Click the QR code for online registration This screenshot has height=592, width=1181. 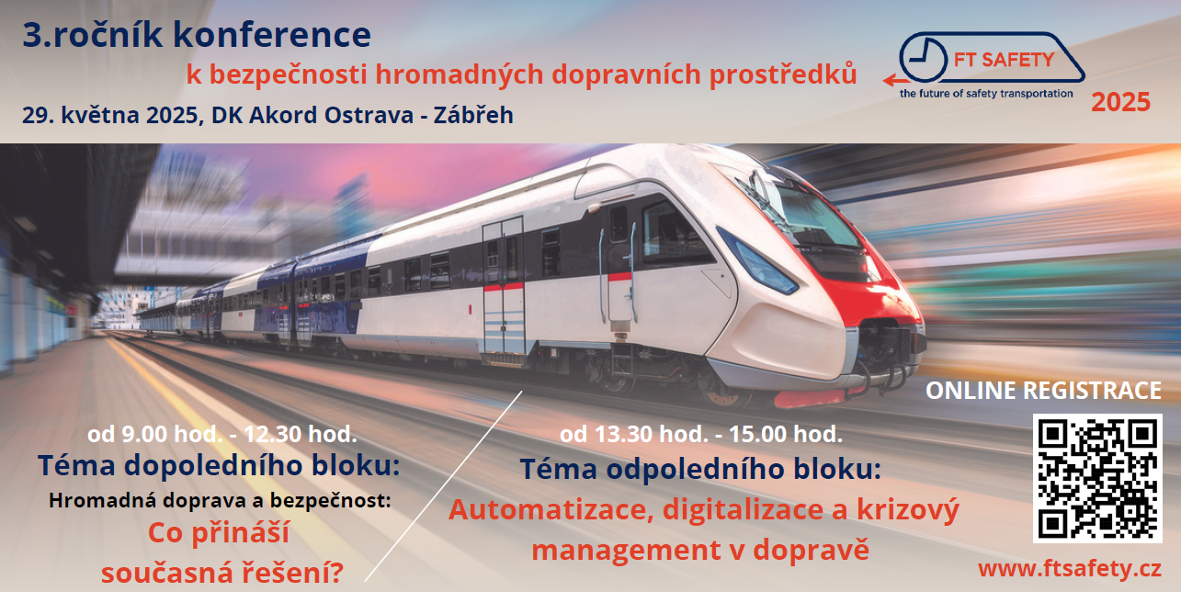[1097, 478]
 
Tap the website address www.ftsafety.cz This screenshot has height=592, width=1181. [1069, 569]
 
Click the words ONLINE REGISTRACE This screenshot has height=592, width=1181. [1043, 391]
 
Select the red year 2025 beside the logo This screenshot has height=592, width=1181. [1120, 102]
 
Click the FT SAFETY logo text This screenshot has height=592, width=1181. [1004, 60]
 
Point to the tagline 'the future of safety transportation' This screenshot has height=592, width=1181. [986, 94]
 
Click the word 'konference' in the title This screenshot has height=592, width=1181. [272, 35]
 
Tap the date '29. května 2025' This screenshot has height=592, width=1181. [109, 115]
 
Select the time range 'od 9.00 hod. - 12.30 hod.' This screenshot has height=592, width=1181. [222, 435]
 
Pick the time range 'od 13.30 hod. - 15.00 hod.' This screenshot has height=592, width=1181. [700, 435]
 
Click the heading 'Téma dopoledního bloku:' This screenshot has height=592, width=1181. [219, 465]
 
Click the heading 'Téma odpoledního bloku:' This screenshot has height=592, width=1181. [700, 469]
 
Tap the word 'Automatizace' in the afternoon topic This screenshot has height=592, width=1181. [551, 510]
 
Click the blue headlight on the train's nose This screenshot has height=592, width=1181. [759, 262]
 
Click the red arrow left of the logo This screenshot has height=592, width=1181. [896, 80]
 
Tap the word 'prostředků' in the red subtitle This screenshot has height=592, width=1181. [783, 74]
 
